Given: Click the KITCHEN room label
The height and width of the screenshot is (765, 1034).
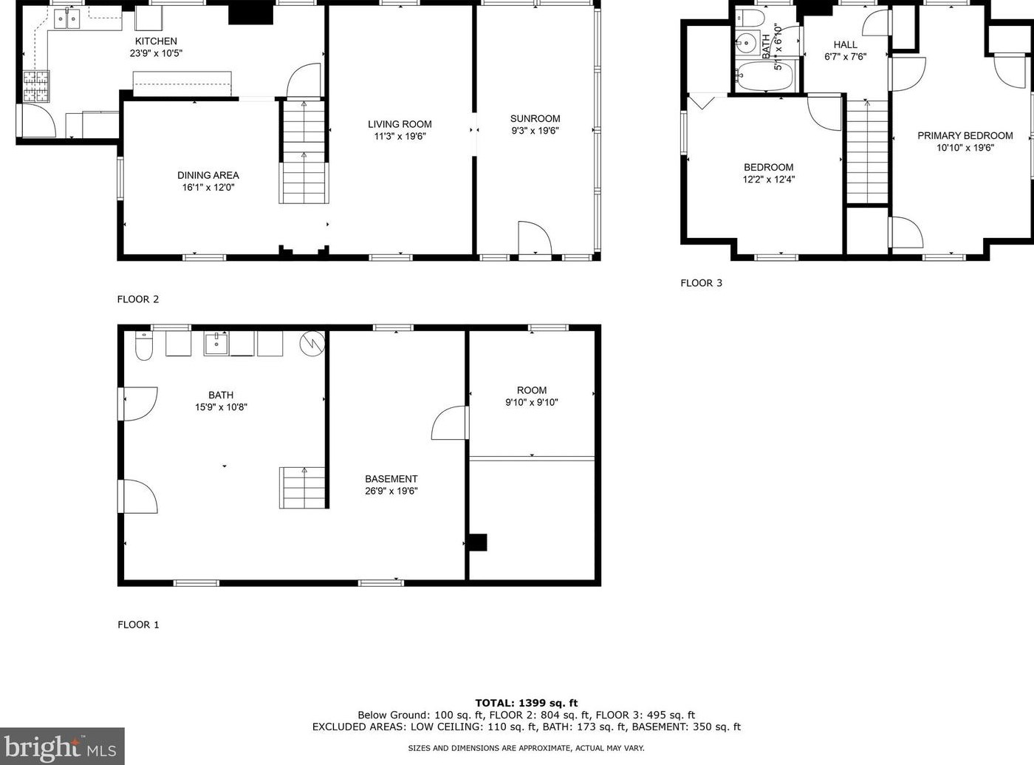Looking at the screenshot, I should pyautogui.click(x=156, y=41).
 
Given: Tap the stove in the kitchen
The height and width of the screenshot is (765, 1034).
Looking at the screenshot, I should pyautogui.click(x=36, y=86).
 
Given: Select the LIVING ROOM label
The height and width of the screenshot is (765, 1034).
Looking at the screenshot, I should pyautogui.click(x=400, y=124).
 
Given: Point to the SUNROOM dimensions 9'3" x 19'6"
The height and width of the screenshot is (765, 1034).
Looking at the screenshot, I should pyautogui.click(x=535, y=131).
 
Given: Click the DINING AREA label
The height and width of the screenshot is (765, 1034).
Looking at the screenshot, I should pyautogui.click(x=208, y=175).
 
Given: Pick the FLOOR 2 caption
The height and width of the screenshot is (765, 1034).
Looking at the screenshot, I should pyautogui.click(x=138, y=299).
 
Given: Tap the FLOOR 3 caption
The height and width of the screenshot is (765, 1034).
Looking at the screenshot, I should pyautogui.click(x=701, y=283).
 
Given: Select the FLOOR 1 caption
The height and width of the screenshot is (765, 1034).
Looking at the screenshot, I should pyautogui.click(x=138, y=625).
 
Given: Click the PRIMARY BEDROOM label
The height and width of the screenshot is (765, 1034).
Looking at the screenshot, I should pyautogui.click(x=965, y=135).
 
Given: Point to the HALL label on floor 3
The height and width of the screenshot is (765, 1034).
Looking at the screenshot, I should pyautogui.click(x=845, y=45).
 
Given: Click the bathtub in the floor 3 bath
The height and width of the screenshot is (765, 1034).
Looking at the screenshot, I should pyautogui.click(x=764, y=76).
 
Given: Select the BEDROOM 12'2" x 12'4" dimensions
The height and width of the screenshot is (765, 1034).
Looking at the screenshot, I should pyautogui.click(x=769, y=180).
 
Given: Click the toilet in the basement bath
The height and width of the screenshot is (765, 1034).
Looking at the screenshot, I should pyautogui.click(x=144, y=347).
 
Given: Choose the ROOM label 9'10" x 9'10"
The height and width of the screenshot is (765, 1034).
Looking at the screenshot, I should pyautogui.click(x=531, y=390).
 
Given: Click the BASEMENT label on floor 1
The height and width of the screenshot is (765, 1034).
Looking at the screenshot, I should pyautogui.click(x=391, y=479).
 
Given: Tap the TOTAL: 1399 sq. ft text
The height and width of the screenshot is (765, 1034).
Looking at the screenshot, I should pyautogui.click(x=526, y=703).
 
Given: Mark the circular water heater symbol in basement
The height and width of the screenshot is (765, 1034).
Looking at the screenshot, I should pyautogui.click(x=312, y=343).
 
